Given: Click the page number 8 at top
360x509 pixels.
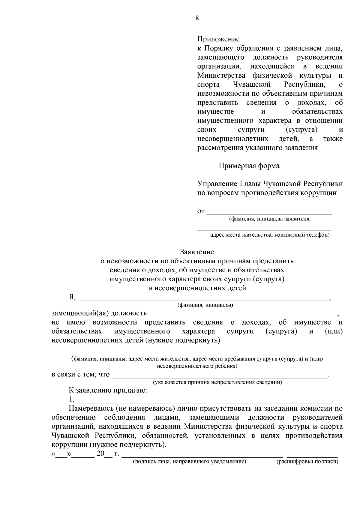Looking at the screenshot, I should click(x=197, y=18).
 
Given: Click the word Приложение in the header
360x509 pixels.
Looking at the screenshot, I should click(x=218, y=39).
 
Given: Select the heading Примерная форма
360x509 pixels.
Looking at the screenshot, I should click(x=249, y=166).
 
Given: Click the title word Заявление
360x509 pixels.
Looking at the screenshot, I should click(x=197, y=252).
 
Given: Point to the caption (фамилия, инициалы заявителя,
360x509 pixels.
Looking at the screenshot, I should click(x=270, y=219).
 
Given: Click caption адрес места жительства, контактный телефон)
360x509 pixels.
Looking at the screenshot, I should click(x=270, y=235).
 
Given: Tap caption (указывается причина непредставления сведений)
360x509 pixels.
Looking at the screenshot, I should click(x=217, y=382).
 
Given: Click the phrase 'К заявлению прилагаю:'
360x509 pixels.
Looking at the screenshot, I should click(x=108, y=391).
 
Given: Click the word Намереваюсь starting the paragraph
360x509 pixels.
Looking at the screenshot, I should click(x=91, y=409).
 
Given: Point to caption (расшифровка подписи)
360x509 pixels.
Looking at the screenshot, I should click(x=307, y=462).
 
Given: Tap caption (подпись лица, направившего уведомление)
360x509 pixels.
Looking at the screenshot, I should click(x=190, y=462).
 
